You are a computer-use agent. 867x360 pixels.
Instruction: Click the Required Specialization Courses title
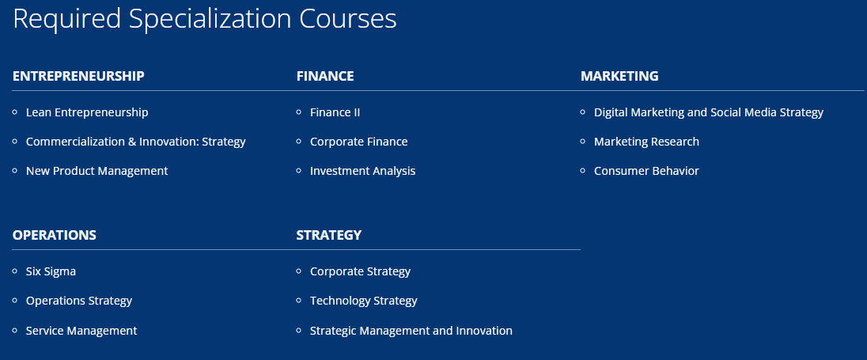pyautogui.click(x=205, y=19)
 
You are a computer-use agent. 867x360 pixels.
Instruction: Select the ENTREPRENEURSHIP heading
pyautogui.click(x=78, y=76)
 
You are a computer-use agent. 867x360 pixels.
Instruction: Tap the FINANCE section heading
pyautogui.click(x=325, y=76)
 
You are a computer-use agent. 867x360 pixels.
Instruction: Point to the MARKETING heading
pyautogui.click(x=619, y=76)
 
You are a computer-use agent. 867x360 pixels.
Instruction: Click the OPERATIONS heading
pyautogui.click(x=54, y=235)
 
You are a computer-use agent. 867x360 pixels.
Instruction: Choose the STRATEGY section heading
pyautogui.click(x=329, y=235)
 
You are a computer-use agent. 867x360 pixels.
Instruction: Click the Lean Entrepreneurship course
pyautogui.click(x=87, y=112)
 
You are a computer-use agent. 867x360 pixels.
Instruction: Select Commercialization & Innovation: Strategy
pyautogui.click(x=135, y=142)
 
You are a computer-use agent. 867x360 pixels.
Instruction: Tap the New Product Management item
pyautogui.click(x=97, y=172)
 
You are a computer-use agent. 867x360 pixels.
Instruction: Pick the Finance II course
pyautogui.click(x=335, y=112)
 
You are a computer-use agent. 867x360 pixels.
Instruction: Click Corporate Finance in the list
pyautogui.click(x=359, y=142)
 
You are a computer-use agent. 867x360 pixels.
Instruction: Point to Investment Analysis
pyautogui.click(x=363, y=172)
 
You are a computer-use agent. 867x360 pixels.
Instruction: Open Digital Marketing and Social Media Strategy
pyautogui.click(x=709, y=112)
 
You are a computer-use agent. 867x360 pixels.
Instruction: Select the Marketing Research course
pyautogui.click(x=646, y=142)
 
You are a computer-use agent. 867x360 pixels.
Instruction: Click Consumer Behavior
pyautogui.click(x=646, y=172)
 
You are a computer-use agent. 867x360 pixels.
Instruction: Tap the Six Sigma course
pyautogui.click(x=51, y=271)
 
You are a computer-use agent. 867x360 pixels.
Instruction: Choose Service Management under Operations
pyautogui.click(x=81, y=331)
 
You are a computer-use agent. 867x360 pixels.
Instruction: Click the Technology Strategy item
pyautogui.click(x=363, y=301)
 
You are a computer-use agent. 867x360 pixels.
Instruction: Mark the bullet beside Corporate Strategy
pyautogui.click(x=299, y=271)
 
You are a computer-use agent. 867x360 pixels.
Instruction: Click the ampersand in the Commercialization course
pyautogui.click(x=131, y=142)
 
